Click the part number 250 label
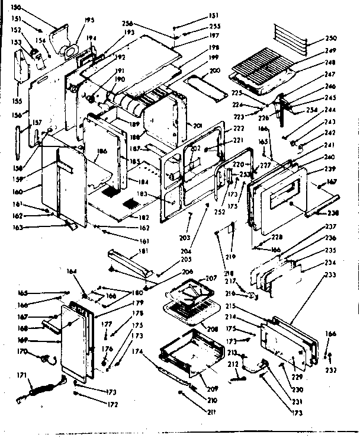click(330, 39)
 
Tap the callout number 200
click(214, 71)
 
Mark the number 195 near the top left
click(89, 20)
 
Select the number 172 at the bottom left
click(112, 404)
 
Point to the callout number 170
click(23, 351)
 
